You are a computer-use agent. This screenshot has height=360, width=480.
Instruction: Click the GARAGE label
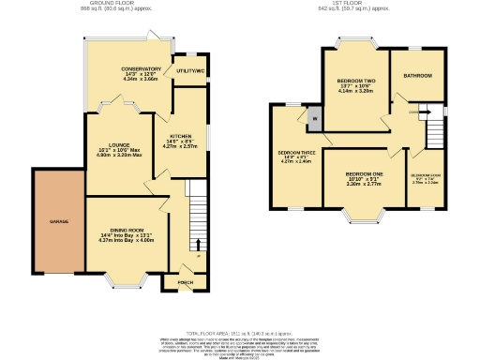47,221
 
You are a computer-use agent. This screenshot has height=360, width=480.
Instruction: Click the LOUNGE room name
112,143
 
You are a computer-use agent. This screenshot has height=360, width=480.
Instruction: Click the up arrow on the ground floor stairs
197,245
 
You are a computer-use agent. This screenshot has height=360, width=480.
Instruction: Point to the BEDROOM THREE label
295,151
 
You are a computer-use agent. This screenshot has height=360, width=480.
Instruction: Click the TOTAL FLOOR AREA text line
240,332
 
